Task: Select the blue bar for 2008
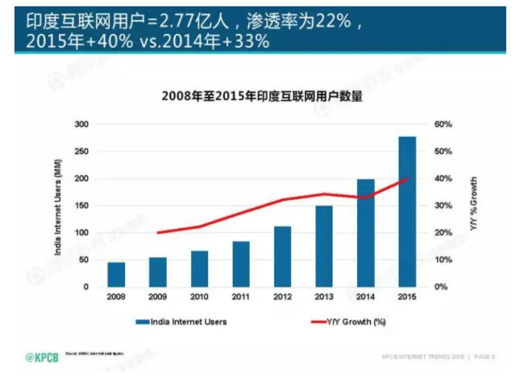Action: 116,274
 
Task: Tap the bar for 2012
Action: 282,257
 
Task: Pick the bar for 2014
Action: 365,233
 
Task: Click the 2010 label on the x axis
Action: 199,296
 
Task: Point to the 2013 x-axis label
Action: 323,296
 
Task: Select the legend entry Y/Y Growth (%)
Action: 347,321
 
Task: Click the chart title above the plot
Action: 262,96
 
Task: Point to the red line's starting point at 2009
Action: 158,232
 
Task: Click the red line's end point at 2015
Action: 406,179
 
